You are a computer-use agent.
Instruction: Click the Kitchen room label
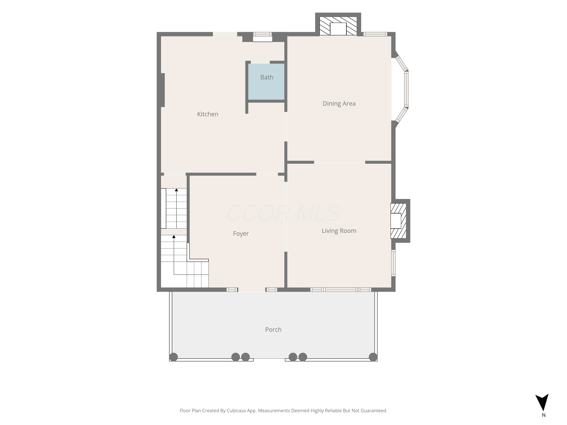pos(208,114)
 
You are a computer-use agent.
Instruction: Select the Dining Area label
pos(339,104)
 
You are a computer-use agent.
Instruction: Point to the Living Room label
pos(339,231)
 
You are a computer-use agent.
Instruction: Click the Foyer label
pos(241,234)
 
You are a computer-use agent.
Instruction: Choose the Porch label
pos(273,330)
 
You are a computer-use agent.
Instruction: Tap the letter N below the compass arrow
pos(544,415)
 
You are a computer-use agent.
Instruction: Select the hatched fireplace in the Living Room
pos(398,221)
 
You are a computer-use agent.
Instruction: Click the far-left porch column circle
pos(174,357)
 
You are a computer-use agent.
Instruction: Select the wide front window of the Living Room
pos(341,290)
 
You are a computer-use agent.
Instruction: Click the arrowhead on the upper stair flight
pos(176,190)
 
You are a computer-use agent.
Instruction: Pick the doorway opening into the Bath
pos(260,62)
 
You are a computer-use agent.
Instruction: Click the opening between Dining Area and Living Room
pos(340,162)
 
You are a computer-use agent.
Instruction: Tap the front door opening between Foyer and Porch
pos(252,290)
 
